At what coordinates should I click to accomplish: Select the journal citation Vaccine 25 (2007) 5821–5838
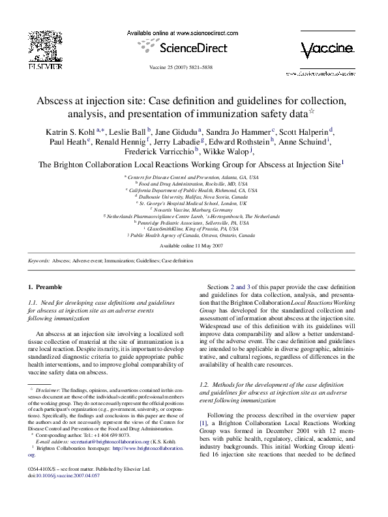[x=194, y=68]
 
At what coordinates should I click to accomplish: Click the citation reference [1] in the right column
[x=202, y=423]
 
